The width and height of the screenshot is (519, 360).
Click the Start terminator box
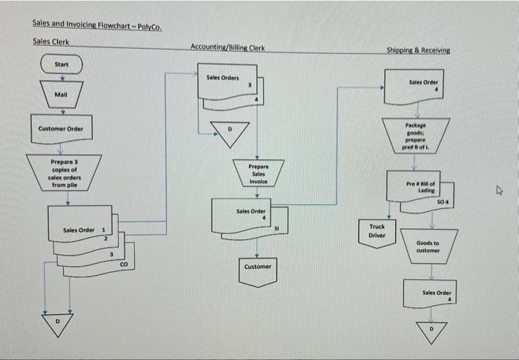(x=62, y=65)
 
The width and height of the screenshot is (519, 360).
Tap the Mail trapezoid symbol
(x=62, y=96)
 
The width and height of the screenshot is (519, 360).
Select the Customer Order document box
(x=61, y=129)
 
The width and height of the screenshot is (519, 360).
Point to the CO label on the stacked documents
(x=124, y=264)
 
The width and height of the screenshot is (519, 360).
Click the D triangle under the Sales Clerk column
(x=56, y=323)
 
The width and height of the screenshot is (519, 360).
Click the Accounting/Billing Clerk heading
(x=227, y=47)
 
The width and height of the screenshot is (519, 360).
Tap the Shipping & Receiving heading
(x=417, y=50)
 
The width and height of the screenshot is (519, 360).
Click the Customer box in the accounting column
(x=257, y=268)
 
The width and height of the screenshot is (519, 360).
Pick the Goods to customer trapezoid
(x=428, y=246)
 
